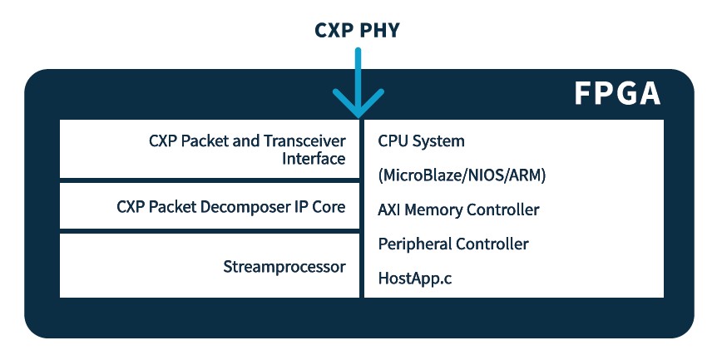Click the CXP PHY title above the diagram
(358, 30)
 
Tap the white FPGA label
(617, 93)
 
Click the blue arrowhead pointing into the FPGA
(358, 104)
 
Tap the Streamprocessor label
(284, 267)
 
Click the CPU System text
(421, 141)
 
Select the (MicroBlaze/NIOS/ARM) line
(462, 175)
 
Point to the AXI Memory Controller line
(458, 210)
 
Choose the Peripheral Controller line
(453, 244)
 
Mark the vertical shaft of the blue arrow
(358, 71)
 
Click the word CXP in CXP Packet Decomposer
(131, 206)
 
